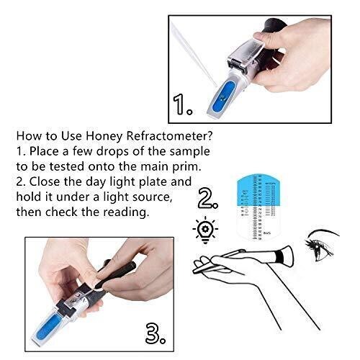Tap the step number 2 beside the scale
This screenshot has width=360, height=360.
210,197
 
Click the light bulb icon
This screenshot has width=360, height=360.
204,228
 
